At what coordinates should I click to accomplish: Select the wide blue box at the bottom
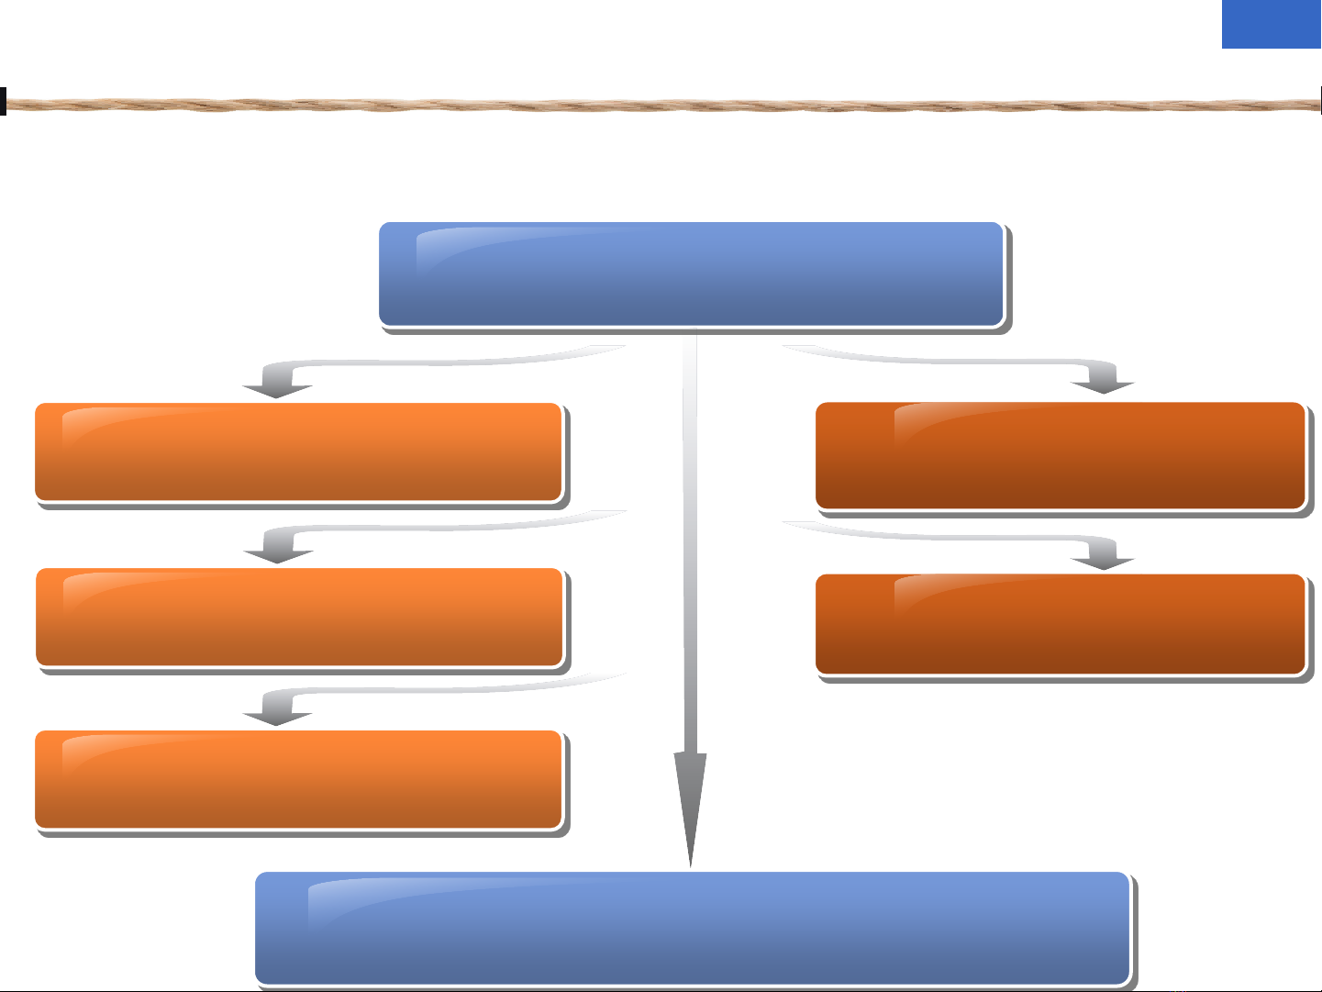pyautogui.click(x=692, y=928)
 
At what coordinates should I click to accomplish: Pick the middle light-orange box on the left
pyautogui.click(x=299, y=617)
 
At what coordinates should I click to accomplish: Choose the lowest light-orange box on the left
pyautogui.click(x=298, y=779)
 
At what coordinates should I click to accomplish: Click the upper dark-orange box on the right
pyautogui.click(x=1060, y=455)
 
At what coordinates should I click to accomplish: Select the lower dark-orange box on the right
pyautogui.click(x=1060, y=625)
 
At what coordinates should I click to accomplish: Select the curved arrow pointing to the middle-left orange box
pyautogui.click(x=279, y=543)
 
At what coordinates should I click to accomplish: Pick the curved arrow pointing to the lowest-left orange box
pyautogui.click(x=279, y=707)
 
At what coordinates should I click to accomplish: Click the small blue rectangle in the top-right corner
pyautogui.click(x=1271, y=24)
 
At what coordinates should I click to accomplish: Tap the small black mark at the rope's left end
pyautogui.click(x=3, y=101)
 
